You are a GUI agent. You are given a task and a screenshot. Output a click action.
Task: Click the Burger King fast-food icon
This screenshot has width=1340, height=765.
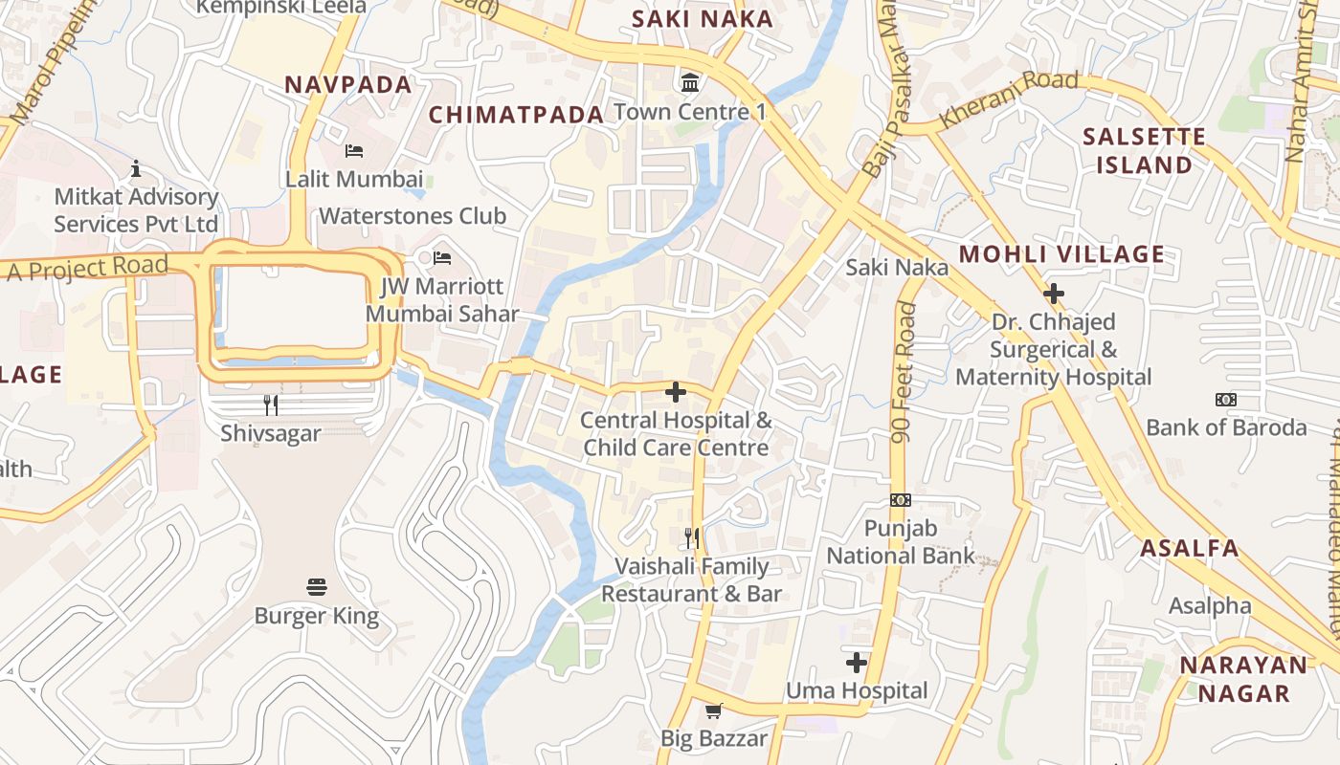317,586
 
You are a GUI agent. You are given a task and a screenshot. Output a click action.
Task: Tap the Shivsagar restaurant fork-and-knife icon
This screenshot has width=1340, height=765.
271,405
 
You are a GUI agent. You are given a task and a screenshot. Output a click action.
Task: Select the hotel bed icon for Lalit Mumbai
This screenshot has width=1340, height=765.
354,151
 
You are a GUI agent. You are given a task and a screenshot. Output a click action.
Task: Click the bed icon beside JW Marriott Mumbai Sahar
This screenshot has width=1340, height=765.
442,258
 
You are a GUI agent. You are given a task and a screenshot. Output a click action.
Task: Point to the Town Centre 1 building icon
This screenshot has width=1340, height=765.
689,83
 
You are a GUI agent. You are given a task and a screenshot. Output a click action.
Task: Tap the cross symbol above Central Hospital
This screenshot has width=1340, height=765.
676,392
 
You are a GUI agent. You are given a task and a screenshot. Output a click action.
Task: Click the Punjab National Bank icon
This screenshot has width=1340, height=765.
901,500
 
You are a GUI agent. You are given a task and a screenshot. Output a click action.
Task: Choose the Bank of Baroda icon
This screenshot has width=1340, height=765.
1225,399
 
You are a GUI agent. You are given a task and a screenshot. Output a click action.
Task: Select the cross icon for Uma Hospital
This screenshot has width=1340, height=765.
857,662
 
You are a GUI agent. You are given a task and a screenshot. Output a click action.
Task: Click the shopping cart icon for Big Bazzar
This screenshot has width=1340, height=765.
713,710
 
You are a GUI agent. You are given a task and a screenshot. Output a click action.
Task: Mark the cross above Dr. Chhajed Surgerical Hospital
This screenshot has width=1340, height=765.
1054,294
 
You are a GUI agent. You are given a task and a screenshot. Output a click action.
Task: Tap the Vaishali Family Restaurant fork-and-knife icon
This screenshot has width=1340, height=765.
692,538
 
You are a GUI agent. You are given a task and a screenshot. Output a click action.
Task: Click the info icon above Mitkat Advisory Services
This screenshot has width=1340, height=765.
136,169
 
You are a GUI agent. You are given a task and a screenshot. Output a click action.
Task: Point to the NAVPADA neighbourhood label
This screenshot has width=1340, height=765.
348,84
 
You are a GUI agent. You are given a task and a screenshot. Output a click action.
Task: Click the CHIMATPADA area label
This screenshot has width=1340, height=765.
516,115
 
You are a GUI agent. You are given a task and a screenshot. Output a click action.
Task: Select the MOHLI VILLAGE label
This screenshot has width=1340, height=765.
1061,254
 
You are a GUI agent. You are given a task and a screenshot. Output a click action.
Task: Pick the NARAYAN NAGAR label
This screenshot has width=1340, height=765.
1242,679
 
